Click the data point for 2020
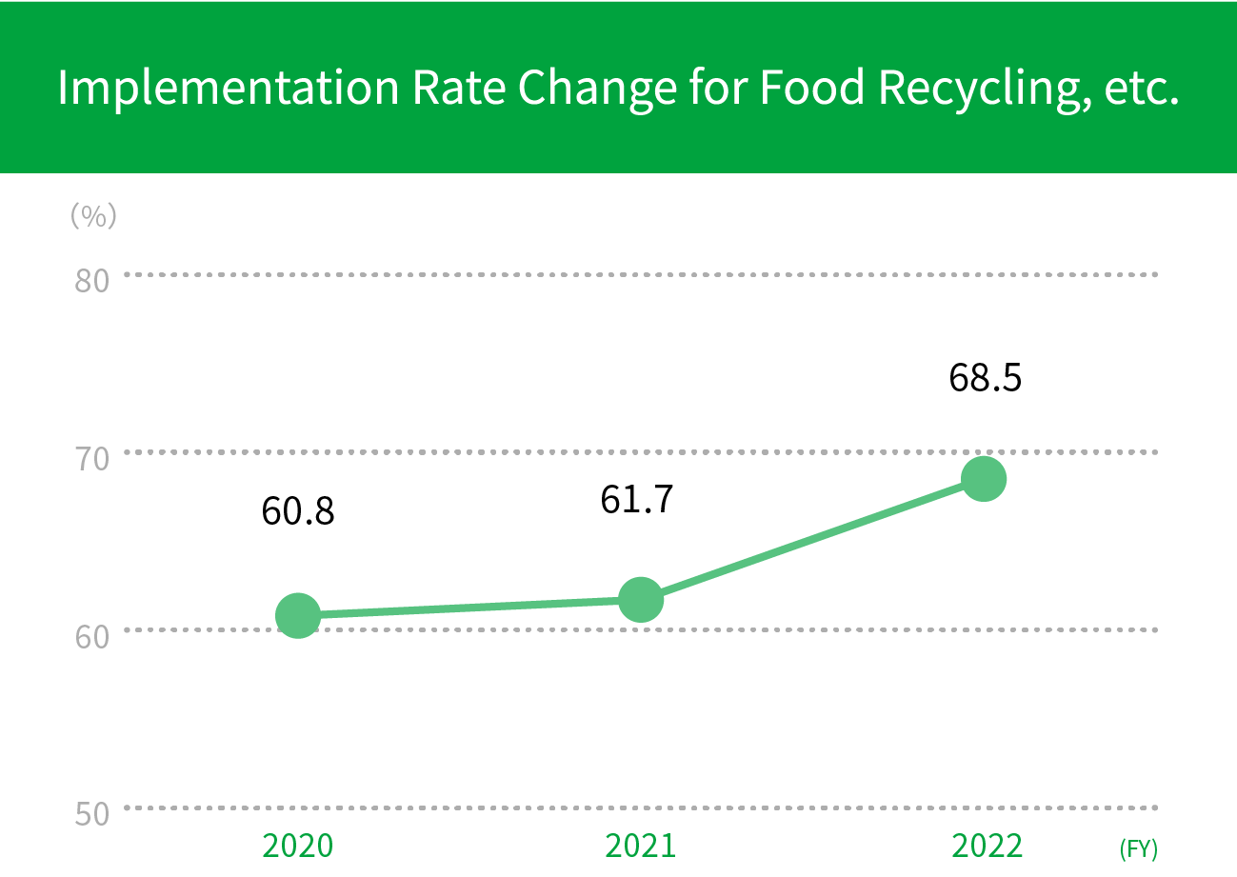tap(297, 615)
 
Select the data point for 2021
tap(641, 600)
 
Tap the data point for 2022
tap(984, 478)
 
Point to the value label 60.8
tap(298, 512)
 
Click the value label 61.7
tap(637, 499)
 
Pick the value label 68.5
tap(985, 378)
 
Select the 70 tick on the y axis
tap(92, 458)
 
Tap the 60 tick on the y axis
tap(92, 635)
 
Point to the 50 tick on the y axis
tap(92, 813)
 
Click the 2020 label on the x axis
tap(297, 846)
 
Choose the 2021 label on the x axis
tap(640, 846)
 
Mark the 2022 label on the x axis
tap(988, 846)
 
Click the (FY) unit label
tap(1138, 848)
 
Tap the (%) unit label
tap(93, 216)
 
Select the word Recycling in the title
tap(982, 88)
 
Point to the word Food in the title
tap(811, 88)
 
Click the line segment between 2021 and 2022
tap(812, 539)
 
